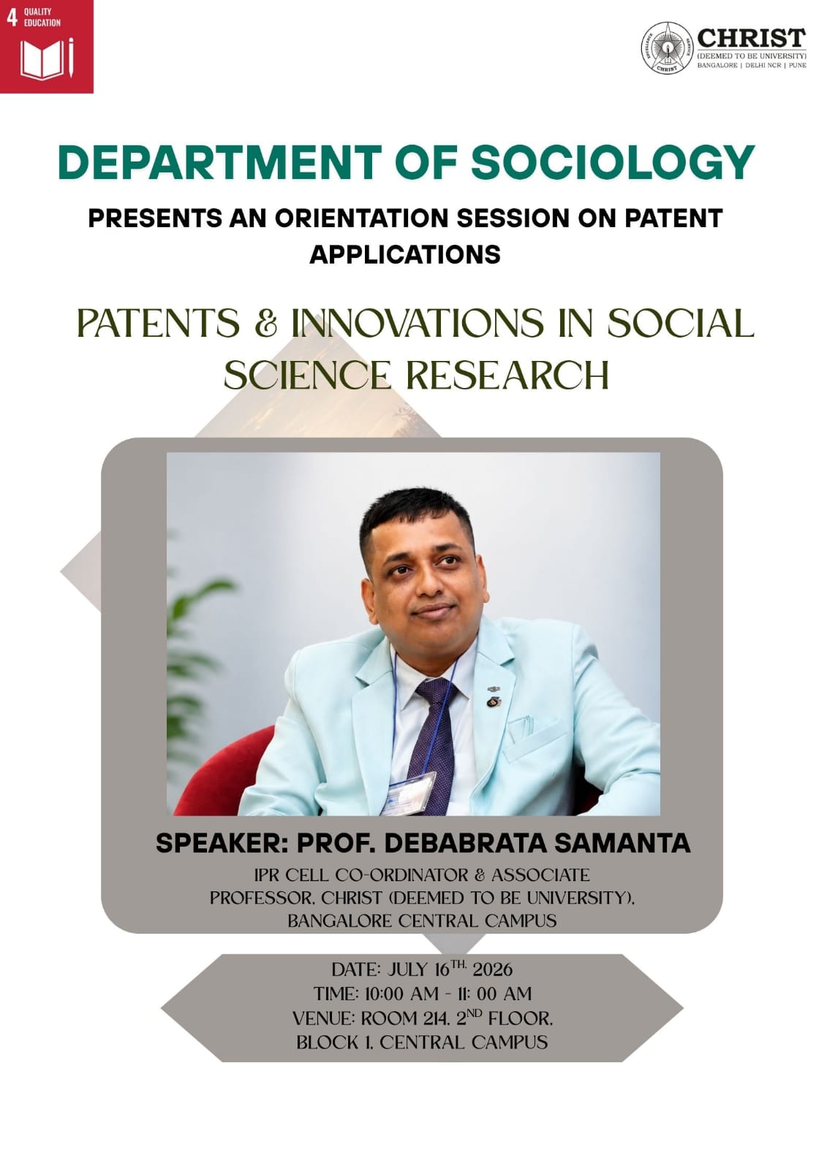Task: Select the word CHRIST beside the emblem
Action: point(752,37)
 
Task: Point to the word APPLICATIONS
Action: point(405,255)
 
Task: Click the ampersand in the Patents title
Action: point(265,324)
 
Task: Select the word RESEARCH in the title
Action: point(507,376)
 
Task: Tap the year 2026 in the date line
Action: point(492,970)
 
